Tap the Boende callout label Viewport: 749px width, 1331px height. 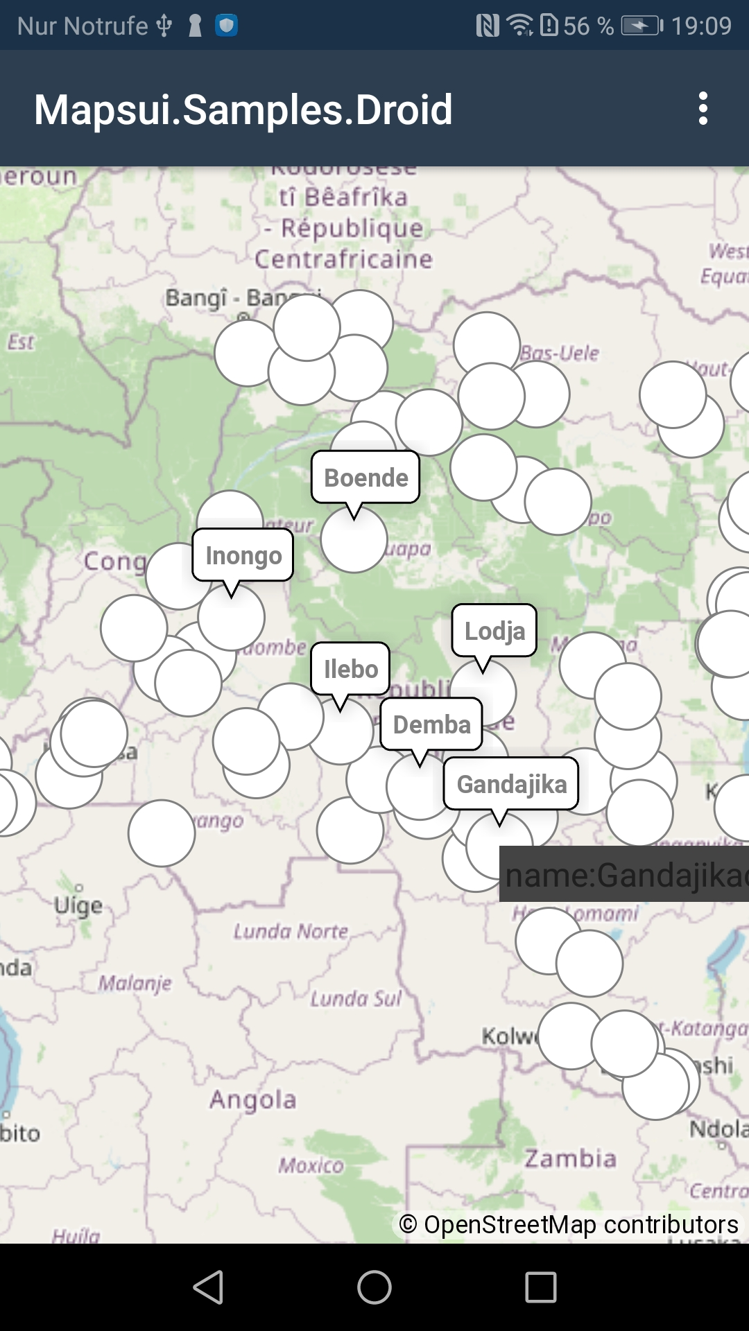(x=365, y=477)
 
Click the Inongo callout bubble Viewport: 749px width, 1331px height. (x=243, y=555)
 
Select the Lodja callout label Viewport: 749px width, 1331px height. (x=494, y=630)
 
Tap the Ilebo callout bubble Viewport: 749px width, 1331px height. (x=350, y=668)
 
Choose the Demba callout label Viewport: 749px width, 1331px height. (x=431, y=724)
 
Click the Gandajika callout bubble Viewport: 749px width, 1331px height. (x=511, y=783)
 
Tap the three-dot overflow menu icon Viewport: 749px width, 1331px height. (x=703, y=109)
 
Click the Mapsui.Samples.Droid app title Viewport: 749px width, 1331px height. (x=243, y=110)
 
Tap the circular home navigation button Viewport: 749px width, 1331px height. (x=374, y=1287)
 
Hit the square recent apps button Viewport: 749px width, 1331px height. (x=541, y=1287)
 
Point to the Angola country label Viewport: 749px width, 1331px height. (x=253, y=1099)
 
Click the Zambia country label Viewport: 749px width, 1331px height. (x=570, y=1158)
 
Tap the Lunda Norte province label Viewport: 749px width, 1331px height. (x=291, y=931)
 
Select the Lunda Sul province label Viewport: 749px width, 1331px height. (x=356, y=998)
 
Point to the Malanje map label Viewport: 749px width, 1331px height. (x=135, y=982)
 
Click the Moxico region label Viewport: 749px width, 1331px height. (x=311, y=1165)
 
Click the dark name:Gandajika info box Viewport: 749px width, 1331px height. (x=624, y=874)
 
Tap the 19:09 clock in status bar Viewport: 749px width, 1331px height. (x=701, y=26)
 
